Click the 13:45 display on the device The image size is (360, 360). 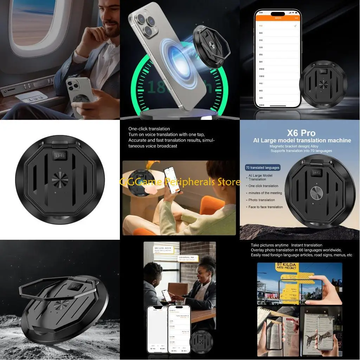click(x=59, y=155)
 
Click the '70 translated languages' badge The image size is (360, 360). click(x=263, y=168)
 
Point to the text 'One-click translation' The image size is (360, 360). click(x=149, y=129)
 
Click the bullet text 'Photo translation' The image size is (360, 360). click(x=262, y=200)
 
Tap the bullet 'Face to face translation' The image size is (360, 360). click(x=265, y=207)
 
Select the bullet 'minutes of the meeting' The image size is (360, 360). click(x=265, y=193)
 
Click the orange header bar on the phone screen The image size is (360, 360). click(x=277, y=18)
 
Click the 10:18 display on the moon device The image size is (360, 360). click(x=76, y=287)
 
